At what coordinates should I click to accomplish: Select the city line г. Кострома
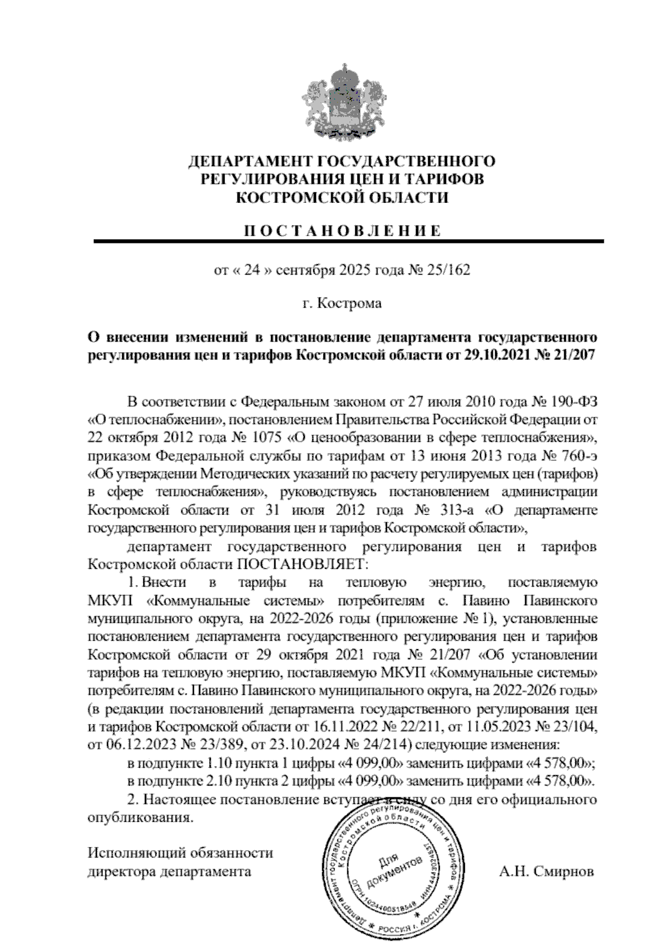342,304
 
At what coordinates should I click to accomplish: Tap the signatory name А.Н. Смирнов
546,871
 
